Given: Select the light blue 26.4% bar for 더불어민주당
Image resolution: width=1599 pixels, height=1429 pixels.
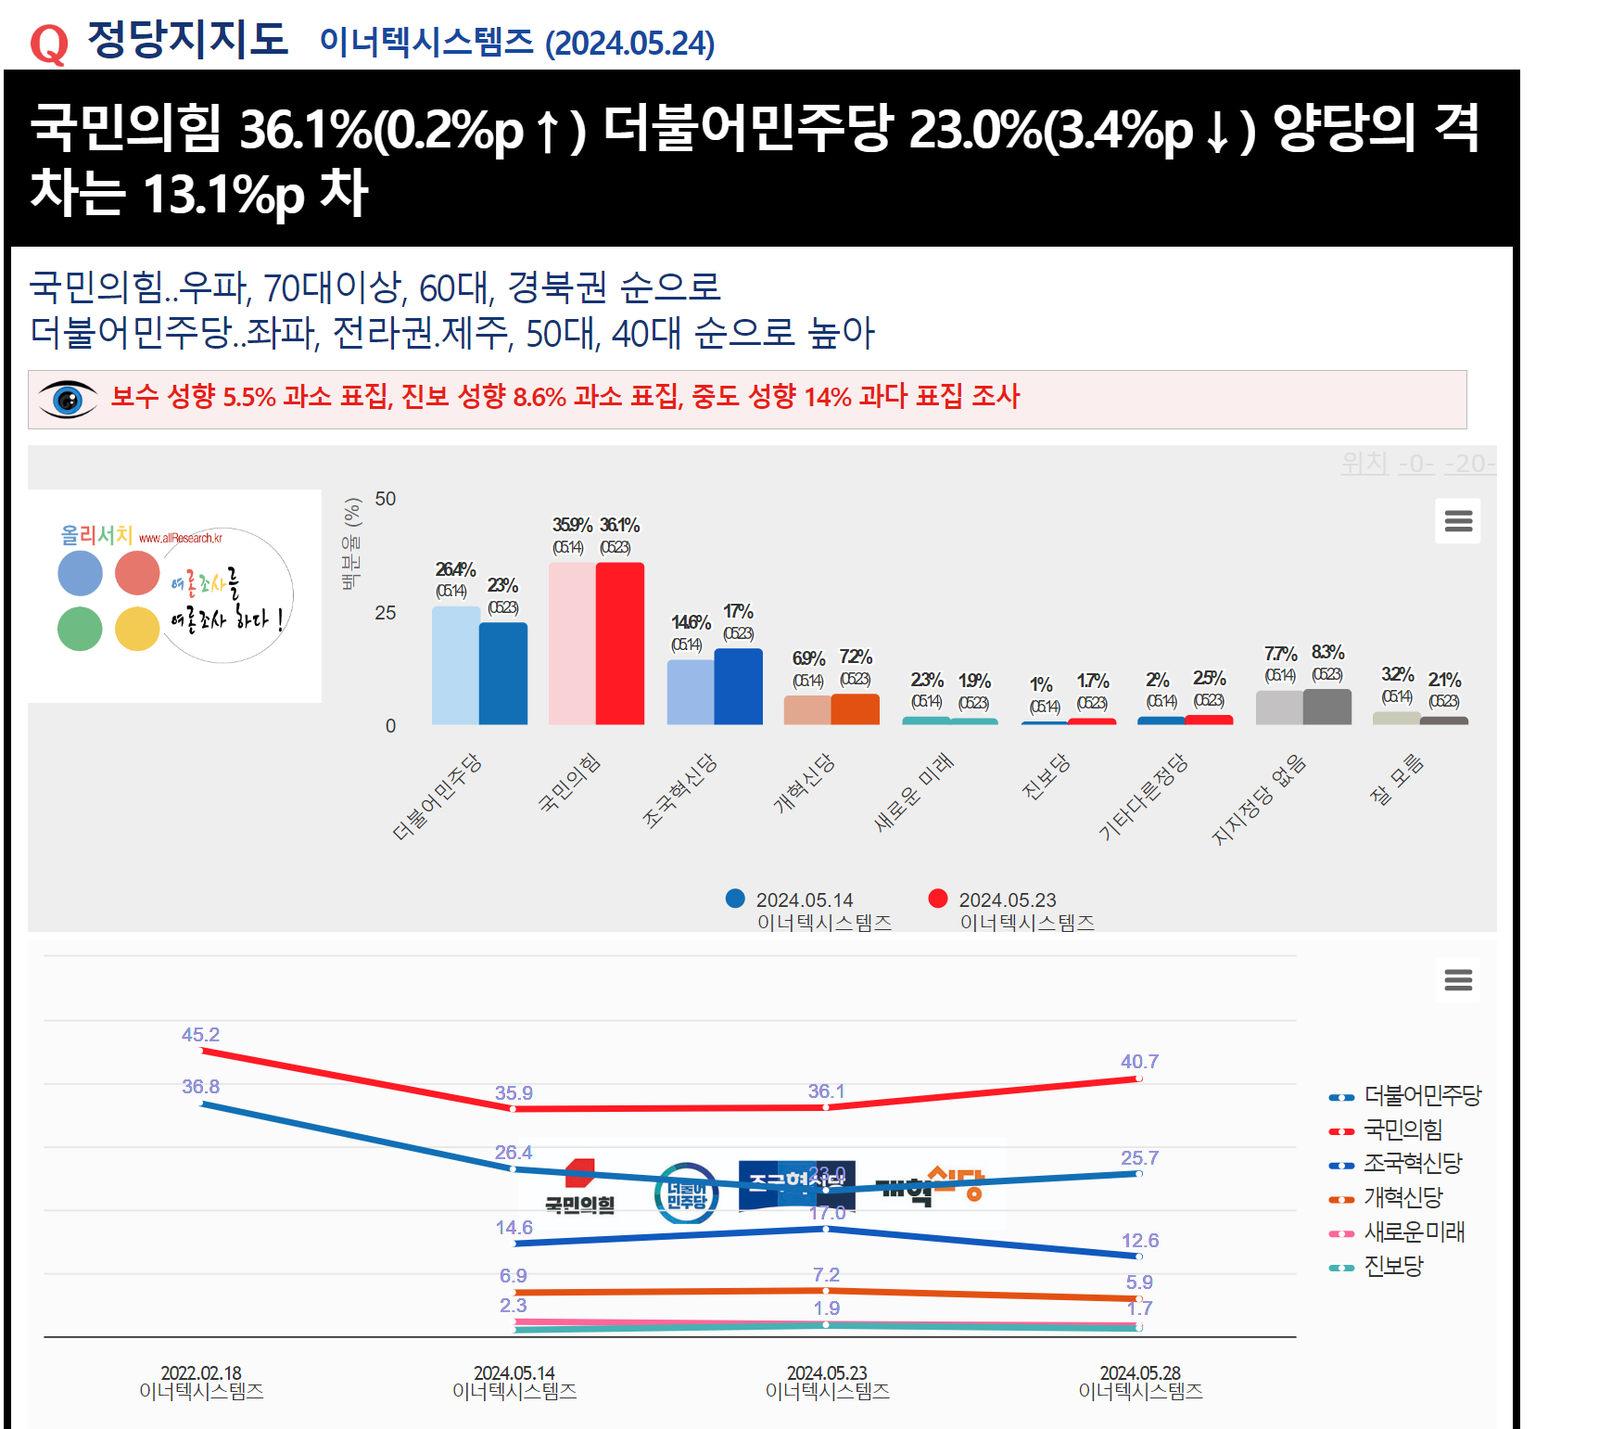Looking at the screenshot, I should click(x=455, y=665).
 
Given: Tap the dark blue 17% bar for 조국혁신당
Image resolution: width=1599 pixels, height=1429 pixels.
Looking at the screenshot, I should click(x=738, y=686).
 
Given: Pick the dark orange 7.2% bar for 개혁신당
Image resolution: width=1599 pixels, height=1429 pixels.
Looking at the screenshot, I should click(x=855, y=708).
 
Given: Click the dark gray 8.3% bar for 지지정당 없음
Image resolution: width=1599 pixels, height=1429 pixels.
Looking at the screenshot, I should click(x=1326, y=707).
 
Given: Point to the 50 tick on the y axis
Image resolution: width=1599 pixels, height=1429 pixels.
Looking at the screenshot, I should click(x=386, y=499).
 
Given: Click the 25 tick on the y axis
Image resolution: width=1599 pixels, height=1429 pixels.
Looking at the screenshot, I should click(x=386, y=613).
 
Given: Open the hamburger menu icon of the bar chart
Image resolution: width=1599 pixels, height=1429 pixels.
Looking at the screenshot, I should click(x=1458, y=521).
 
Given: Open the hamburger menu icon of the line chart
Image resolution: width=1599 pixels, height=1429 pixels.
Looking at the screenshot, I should click(x=1458, y=980).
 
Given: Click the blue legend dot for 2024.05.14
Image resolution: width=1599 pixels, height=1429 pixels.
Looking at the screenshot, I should click(x=735, y=899).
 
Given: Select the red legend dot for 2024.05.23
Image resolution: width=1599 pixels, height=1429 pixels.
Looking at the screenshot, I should click(x=938, y=899).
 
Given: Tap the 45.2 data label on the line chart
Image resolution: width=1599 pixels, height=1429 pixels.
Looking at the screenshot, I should click(x=200, y=1035).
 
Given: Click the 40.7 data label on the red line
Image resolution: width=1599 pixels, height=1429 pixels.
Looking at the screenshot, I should click(x=1139, y=1062).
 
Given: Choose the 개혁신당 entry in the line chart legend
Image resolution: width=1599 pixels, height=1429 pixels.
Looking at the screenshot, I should click(x=1402, y=1198).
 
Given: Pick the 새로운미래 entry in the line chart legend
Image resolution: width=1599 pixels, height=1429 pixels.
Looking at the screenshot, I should click(x=1414, y=1232).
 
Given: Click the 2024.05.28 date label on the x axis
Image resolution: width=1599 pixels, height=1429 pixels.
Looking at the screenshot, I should click(x=1140, y=1373).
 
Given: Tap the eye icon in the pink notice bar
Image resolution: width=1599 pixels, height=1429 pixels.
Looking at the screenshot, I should click(x=68, y=400).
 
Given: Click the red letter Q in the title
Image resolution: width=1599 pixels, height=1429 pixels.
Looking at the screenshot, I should click(x=49, y=44).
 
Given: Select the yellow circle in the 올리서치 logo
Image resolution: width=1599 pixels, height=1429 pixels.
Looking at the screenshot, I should click(x=137, y=629).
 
